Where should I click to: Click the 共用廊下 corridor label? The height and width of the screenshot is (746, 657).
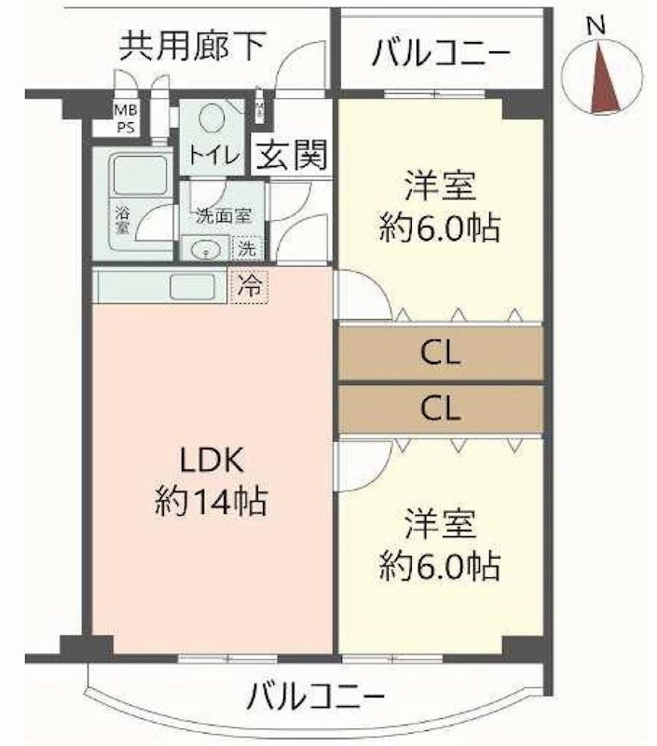191,46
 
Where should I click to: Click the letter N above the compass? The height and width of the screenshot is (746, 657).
597,26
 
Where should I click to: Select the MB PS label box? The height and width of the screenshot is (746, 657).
125,118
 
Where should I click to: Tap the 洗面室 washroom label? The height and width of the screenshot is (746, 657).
224,215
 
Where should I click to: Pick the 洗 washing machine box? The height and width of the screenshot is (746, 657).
246,250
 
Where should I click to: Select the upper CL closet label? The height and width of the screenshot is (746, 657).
441,353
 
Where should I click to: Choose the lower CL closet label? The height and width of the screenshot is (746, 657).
441,408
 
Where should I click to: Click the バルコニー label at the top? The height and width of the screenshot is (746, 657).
441,53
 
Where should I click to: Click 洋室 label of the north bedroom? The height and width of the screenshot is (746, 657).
441,185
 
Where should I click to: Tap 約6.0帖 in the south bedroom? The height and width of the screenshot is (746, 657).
440,565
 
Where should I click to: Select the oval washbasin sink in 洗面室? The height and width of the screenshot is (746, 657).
204,249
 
